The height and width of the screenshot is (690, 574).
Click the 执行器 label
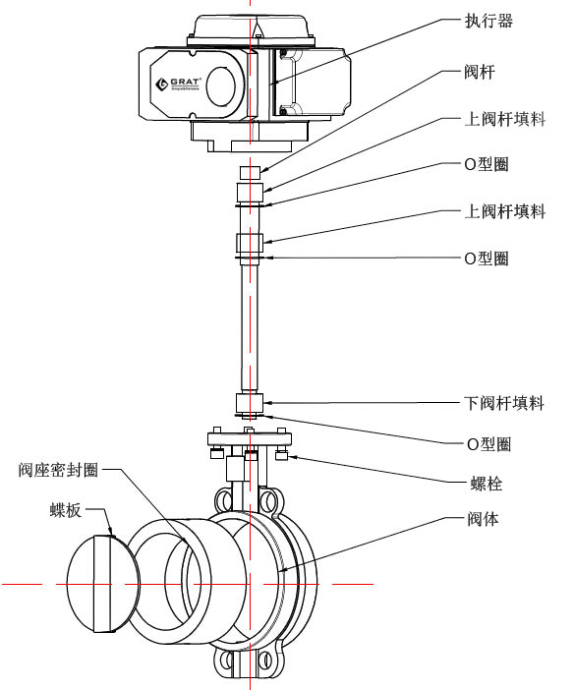click(488, 21)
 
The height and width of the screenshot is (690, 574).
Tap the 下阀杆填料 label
click(503, 403)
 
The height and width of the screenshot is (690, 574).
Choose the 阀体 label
click(482, 518)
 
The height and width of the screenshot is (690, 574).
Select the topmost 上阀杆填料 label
click(503, 119)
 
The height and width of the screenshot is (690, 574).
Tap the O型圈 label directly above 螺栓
click(487, 444)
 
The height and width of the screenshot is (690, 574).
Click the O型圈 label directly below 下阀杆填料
click(487, 444)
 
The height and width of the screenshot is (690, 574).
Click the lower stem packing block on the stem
click(250, 403)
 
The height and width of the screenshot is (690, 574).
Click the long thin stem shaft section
click(250, 324)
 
